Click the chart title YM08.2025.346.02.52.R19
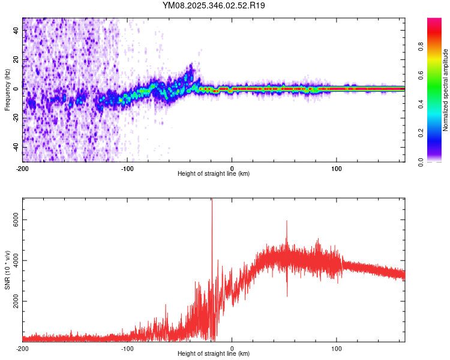tap(214, 6)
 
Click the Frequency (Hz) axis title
tap(7, 89)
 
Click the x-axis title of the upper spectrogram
tap(214, 174)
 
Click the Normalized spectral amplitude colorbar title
tap(446, 89)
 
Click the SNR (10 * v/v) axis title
tap(7, 269)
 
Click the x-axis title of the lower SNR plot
tap(214, 354)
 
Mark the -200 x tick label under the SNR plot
tap(22, 349)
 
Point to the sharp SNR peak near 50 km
tap(287, 222)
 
